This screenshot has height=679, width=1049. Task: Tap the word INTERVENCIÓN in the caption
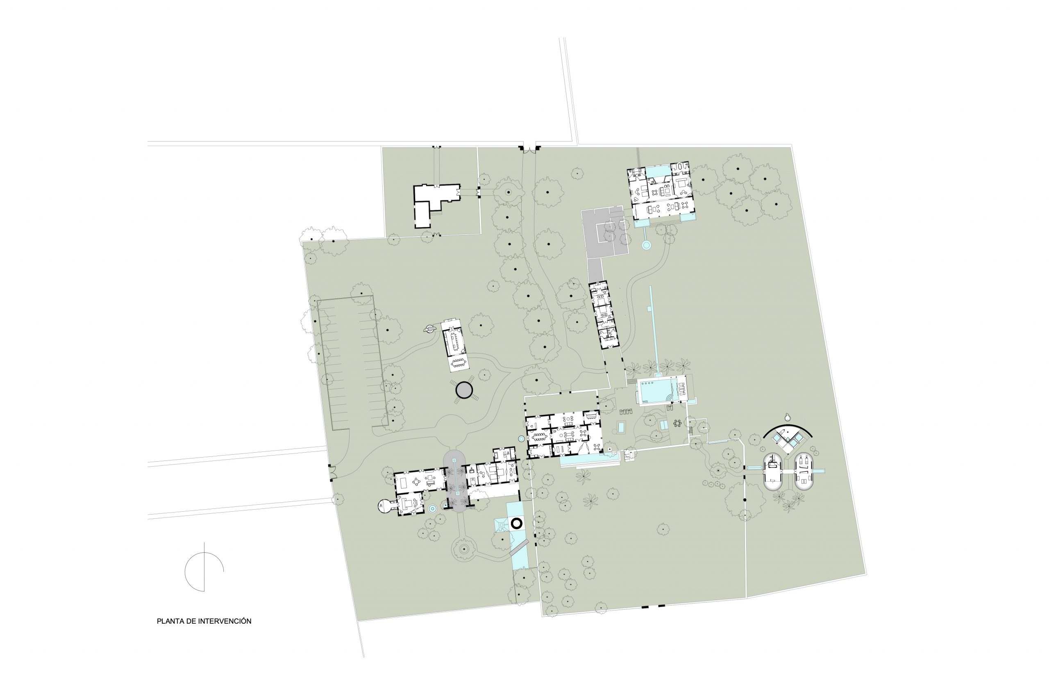pos(225,621)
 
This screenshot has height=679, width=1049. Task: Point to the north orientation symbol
pos(204,567)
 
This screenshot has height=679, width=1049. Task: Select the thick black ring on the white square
pos(516,523)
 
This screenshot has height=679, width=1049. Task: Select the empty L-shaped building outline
pos(434,203)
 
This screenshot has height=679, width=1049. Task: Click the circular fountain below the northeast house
pos(646,245)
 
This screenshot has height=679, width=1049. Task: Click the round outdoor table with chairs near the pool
pos(677,423)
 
